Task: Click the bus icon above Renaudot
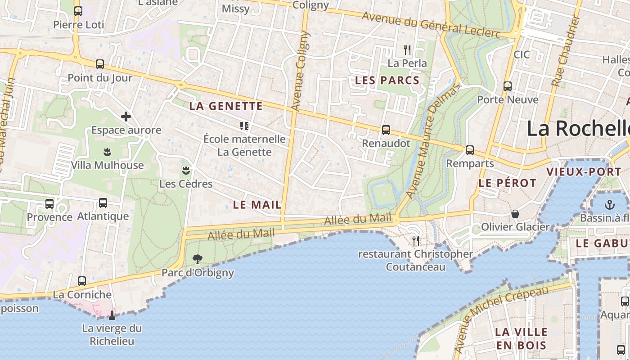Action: click(386, 130)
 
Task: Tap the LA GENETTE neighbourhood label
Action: click(226, 106)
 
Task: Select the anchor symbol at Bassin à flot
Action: click(609, 205)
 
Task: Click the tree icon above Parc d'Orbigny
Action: click(197, 259)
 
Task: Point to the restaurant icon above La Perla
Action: click(407, 49)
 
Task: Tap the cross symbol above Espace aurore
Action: click(126, 117)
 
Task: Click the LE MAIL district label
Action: click(257, 205)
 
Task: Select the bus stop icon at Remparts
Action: click(470, 150)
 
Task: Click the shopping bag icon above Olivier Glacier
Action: click(515, 214)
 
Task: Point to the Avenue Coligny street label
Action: click(300, 71)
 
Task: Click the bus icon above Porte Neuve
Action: click(508, 86)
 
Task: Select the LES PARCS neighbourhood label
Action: click(387, 81)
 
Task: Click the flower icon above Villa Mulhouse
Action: click(107, 152)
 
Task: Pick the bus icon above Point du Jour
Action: click(100, 64)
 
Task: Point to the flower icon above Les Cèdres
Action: click(185, 170)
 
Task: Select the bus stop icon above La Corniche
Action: click(82, 281)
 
